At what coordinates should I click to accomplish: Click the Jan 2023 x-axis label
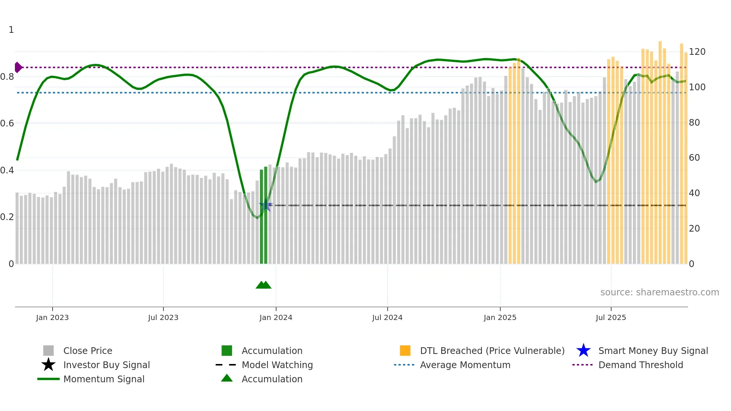(x=52, y=317)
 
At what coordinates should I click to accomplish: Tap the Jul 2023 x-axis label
(x=163, y=317)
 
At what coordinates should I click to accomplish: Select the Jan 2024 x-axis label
(x=276, y=317)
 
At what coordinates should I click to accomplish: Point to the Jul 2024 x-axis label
(x=387, y=317)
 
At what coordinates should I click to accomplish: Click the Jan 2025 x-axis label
(x=500, y=317)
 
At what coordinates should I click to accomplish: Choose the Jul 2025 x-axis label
(x=611, y=317)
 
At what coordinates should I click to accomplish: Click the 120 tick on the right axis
(x=697, y=52)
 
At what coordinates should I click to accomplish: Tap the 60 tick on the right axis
(x=694, y=158)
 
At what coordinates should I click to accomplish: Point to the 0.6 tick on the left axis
(x=7, y=123)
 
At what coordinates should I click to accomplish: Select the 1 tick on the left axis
(x=11, y=30)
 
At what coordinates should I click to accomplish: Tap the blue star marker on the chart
(x=265, y=205)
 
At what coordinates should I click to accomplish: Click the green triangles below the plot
(x=264, y=285)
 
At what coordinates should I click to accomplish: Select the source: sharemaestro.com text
(x=659, y=292)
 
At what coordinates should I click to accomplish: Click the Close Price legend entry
(x=87, y=351)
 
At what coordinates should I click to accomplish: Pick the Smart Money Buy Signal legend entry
(x=653, y=351)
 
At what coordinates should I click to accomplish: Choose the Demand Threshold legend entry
(x=640, y=365)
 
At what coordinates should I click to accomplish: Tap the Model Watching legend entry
(x=277, y=365)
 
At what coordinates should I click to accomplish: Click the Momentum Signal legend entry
(x=104, y=379)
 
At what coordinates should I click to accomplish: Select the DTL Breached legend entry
(x=492, y=351)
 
